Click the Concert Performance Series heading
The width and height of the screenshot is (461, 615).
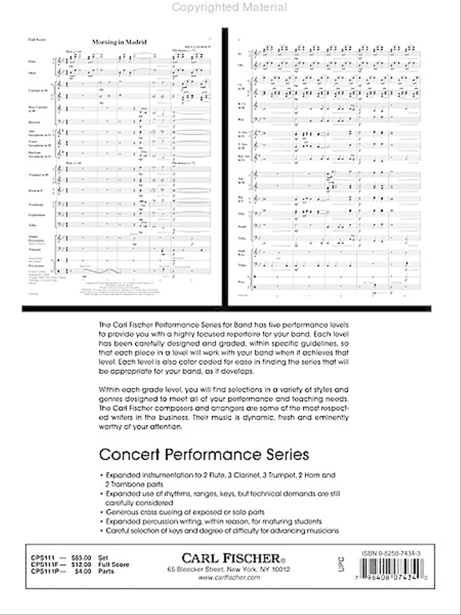[203, 455]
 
